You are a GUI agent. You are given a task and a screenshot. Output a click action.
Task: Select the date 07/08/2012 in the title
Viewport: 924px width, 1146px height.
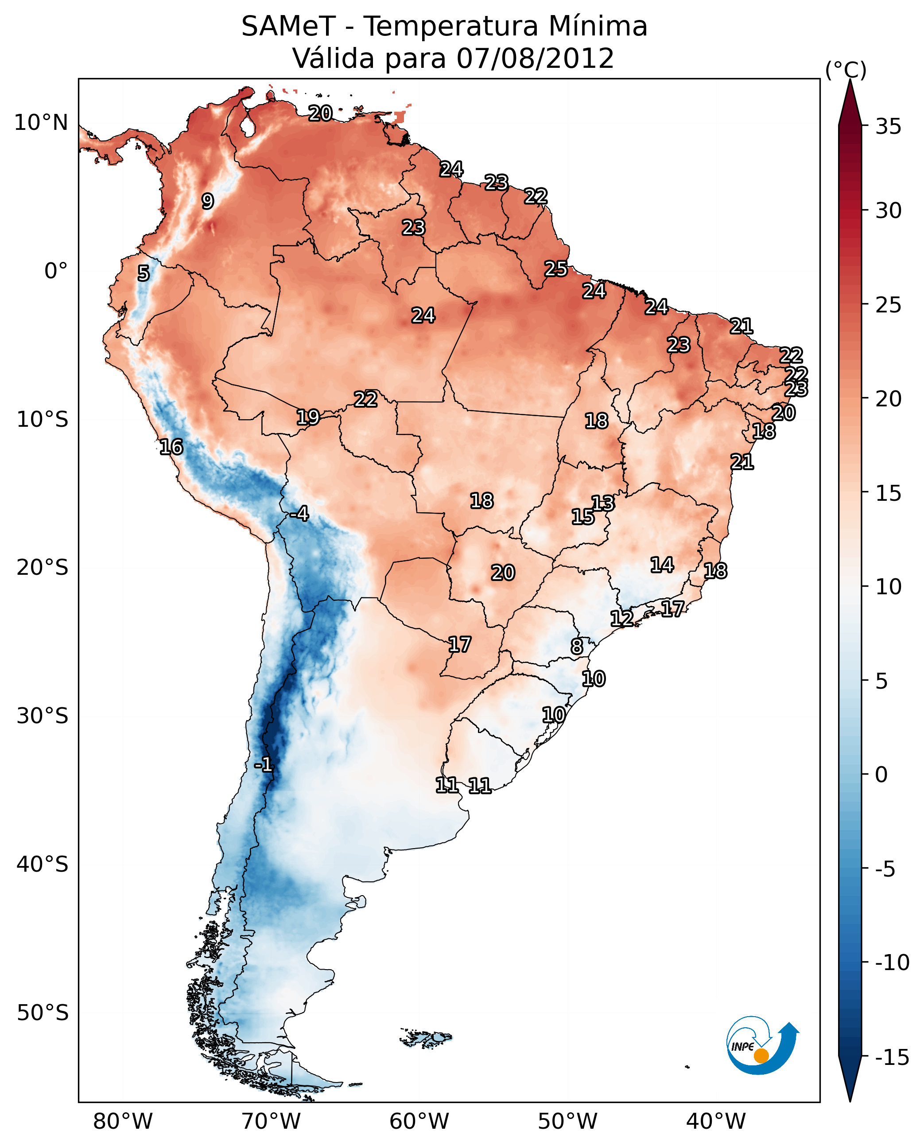point(535,58)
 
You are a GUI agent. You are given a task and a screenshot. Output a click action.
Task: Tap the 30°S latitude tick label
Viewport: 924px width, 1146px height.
point(43,716)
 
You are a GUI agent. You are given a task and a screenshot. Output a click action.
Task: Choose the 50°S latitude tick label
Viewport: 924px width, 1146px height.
point(43,1012)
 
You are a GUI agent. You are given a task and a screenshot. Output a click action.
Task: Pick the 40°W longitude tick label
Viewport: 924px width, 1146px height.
point(716,1122)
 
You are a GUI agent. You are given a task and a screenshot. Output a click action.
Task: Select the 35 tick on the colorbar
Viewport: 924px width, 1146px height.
point(888,127)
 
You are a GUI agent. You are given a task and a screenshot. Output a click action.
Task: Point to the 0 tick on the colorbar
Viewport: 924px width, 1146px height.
point(881,775)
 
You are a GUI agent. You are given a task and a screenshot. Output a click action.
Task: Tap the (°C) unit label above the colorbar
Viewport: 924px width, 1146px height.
point(846,70)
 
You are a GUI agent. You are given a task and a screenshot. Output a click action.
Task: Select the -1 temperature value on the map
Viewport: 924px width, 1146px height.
point(264,765)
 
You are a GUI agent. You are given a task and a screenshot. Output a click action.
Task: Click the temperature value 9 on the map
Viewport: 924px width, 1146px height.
point(208,201)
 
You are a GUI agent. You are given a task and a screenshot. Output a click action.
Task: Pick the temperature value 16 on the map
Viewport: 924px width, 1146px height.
point(171,447)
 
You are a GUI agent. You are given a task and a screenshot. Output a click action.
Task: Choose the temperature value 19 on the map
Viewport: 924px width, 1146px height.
point(308,417)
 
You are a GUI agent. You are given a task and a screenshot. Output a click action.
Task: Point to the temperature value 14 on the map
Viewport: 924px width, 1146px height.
point(662,565)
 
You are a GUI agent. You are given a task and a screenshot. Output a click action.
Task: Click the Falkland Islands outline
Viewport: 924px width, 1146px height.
point(426,1038)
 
